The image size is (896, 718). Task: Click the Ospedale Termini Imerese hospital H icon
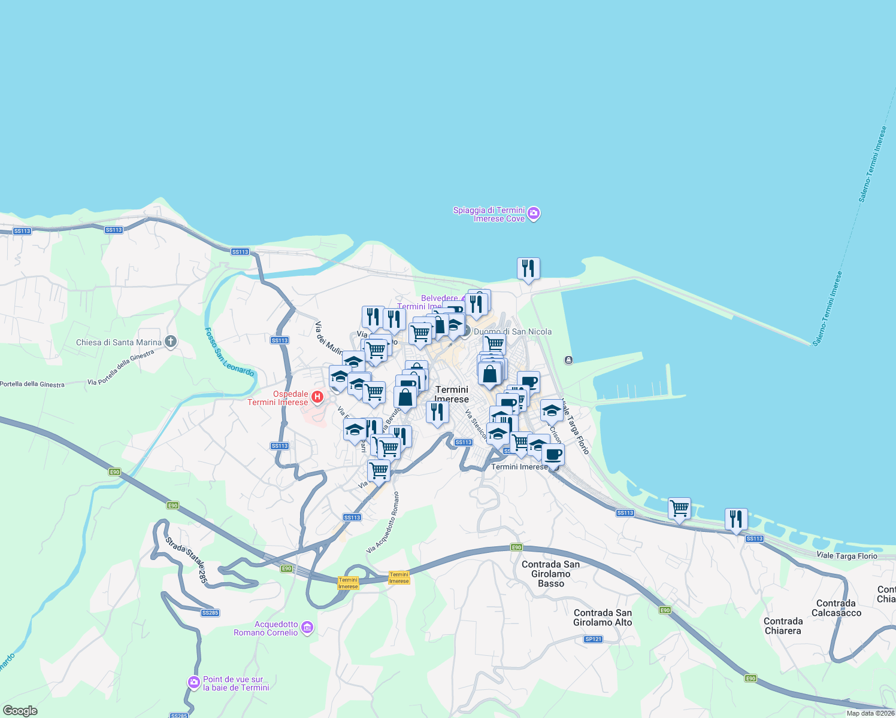pyautogui.click(x=317, y=397)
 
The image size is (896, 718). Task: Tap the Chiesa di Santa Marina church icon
pyautogui.click(x=171, y=342)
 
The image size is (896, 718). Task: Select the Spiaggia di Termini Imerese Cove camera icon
pyautogui.click(x=534, y=214)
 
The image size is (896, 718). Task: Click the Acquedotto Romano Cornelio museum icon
pyautogui.click(x=307, y=628)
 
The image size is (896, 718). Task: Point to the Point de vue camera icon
pyautogui.click(x=193, y=682)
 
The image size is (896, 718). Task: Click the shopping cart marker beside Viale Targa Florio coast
pyautogui.click(x=679, y=509)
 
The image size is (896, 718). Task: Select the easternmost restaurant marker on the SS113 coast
pyautogui.click(x=736, y=519)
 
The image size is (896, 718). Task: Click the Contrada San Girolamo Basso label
pyautogui.click(x=550, y=574)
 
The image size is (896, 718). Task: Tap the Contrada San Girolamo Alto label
pyautogui.click(x=603, y=617)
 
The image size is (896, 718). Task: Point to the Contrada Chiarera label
pyautogui.click(x=783, y=626)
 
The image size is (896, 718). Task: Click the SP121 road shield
pyautogui.click(x=593, y=639)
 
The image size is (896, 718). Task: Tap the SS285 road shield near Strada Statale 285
pyautogui.click(x=210, y=613)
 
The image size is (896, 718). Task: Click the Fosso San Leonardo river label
pyautogui.click(x=229, y=352)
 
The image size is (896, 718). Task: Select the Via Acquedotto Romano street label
pyautogui.click(x=383, y=522)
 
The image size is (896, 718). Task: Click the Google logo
pyautogui.click(x=20, y=711)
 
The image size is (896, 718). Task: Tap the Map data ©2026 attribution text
pyautogui.click(x=870, y=713)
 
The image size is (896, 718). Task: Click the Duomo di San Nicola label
pyautogui.click(x=512, y=331)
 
